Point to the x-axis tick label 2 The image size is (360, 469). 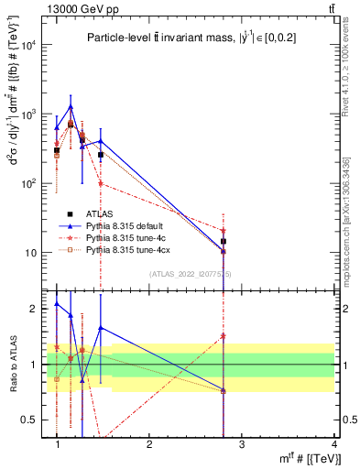[149, 443]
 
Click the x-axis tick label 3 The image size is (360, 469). [242, 443]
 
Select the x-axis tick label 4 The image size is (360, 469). [333, 443]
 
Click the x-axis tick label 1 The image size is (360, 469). [58, 443]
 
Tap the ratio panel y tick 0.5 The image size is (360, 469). [35, 420]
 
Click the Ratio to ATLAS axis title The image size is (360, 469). [12, 364]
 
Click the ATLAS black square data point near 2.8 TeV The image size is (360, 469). [223, 242]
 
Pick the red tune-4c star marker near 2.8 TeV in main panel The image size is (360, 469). [223, 231]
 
